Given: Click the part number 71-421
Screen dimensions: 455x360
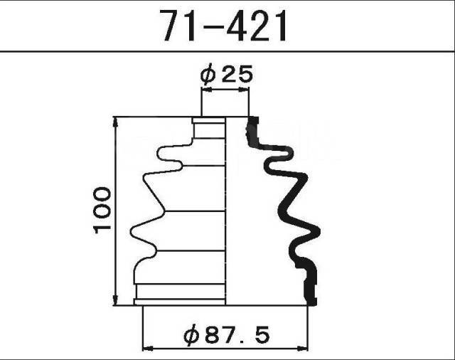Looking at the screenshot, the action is (224, 26).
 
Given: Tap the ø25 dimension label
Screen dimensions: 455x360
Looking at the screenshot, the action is (226, 74).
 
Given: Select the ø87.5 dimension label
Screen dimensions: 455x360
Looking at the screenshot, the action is (227, 334).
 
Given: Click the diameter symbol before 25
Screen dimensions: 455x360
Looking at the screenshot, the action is (208, 75).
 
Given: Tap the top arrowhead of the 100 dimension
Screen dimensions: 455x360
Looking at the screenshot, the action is (115, 122).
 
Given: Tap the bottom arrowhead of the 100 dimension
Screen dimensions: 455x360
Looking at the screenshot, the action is (115, 300).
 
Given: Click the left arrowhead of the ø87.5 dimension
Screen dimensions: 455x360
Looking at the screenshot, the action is (148, 348).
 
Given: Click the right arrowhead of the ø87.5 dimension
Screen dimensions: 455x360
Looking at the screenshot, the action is (301, 348).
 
